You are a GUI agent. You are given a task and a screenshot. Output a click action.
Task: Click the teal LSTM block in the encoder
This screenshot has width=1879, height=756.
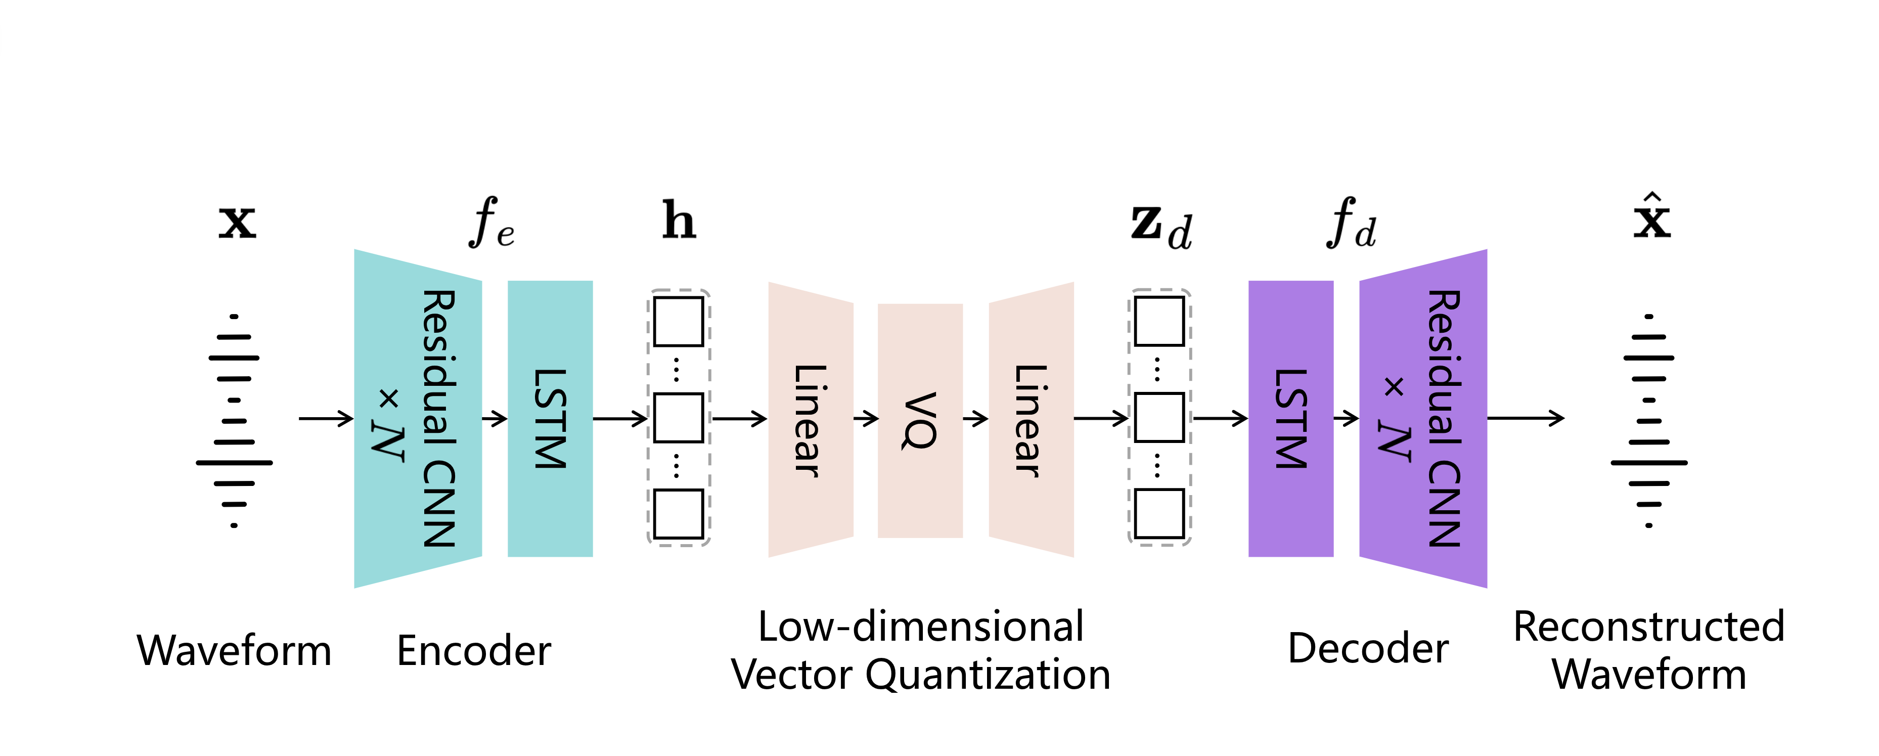coord(550,418)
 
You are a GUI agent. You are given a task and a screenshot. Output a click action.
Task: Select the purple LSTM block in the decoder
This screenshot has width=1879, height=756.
coord(1290,418)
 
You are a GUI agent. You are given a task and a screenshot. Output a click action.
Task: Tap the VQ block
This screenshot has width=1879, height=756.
coord(920,420)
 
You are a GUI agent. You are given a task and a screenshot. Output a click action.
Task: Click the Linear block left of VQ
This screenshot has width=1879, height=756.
coord(811,420)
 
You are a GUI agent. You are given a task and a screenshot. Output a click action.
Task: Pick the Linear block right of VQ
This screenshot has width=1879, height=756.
coord(1031,420)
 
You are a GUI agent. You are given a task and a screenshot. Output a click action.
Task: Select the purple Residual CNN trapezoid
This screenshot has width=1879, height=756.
coord(1423,418)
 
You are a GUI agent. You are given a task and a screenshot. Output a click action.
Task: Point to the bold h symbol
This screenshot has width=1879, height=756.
coord(679,220)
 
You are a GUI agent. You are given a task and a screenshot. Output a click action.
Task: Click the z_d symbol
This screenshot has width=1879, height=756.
coord(1160,226)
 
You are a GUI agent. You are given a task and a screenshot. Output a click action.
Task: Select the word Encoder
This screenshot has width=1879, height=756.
coord(473,650)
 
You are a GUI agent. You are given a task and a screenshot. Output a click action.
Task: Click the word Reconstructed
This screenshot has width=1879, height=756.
coord(1648,626)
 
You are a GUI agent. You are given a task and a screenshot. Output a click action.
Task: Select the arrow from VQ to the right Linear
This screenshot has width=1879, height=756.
coord(975,418)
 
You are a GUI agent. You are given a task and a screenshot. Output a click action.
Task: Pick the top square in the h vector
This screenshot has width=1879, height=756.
coord(679,321)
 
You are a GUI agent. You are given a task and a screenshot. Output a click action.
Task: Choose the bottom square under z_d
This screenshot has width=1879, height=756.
coord(1159,514)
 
